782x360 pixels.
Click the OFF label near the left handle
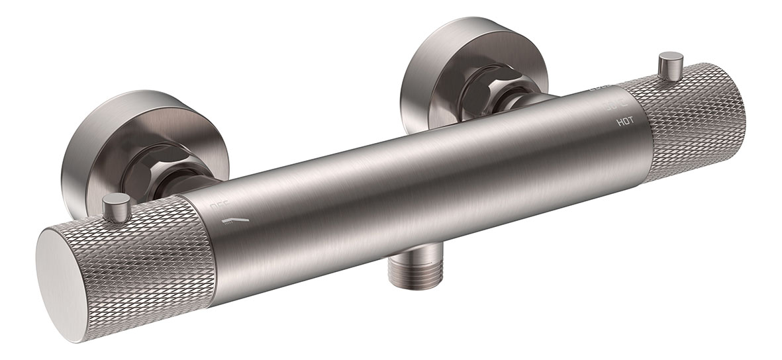[219, 207]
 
